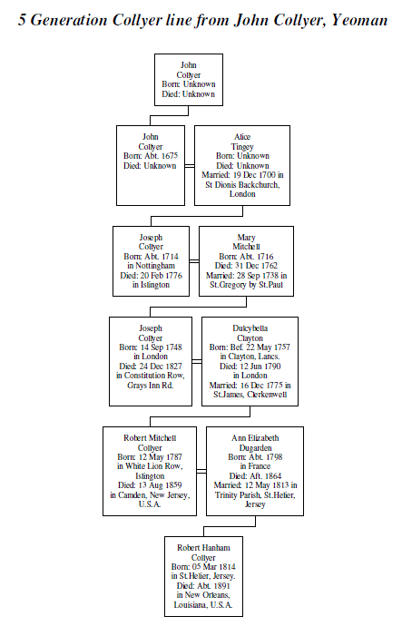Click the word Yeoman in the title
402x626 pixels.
(x=359, y=20)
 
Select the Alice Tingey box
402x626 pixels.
(x=242, y=166)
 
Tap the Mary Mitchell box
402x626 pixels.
(x=246, y=261)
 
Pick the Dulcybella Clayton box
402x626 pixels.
(x=250, y=361)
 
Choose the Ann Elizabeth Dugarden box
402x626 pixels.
(x=255, y=471)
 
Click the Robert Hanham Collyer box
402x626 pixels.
(x=203, y=576)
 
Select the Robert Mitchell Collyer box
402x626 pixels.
(x=150, y=471)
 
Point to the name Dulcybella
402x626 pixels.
(x=250, y=328)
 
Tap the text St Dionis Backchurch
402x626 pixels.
(x=242, y=185)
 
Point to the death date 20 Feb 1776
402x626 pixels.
(x=161, y=276)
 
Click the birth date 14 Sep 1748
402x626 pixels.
(x=161, y=347)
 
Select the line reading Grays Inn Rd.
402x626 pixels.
(x=151, y=386)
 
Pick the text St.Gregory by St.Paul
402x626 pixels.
(x=246, y=285)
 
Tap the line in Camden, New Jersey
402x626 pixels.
(x=150, y=495)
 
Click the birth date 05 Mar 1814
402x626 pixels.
(x=213, y=566)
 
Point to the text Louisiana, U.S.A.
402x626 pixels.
(x=203, y=605)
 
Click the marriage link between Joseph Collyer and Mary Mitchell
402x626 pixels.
(x=194, y=261)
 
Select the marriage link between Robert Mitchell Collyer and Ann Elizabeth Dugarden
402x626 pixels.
(x=201, y=471)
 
